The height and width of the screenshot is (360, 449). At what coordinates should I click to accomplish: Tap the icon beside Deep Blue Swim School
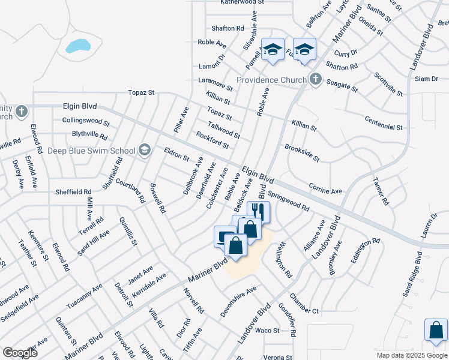(144, 150)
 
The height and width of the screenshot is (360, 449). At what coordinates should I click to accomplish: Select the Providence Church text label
(272, 80)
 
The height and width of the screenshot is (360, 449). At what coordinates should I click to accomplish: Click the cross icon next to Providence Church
(315, 79)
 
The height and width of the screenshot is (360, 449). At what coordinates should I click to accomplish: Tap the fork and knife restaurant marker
(259, 211)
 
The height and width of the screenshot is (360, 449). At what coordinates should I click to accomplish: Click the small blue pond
(78, 46)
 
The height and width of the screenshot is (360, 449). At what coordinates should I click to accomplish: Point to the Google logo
(20, 353)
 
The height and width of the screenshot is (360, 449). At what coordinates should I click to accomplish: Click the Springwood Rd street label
(288, 201)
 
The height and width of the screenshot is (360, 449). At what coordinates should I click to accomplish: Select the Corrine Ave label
(325, 190)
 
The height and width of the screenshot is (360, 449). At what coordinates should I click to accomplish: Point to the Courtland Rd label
(130, 190)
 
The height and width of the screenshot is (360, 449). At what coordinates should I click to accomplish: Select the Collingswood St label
(86, 120)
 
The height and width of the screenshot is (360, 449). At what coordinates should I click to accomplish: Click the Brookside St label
(302, 152)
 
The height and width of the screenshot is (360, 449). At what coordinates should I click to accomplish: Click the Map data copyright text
(411, 355)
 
